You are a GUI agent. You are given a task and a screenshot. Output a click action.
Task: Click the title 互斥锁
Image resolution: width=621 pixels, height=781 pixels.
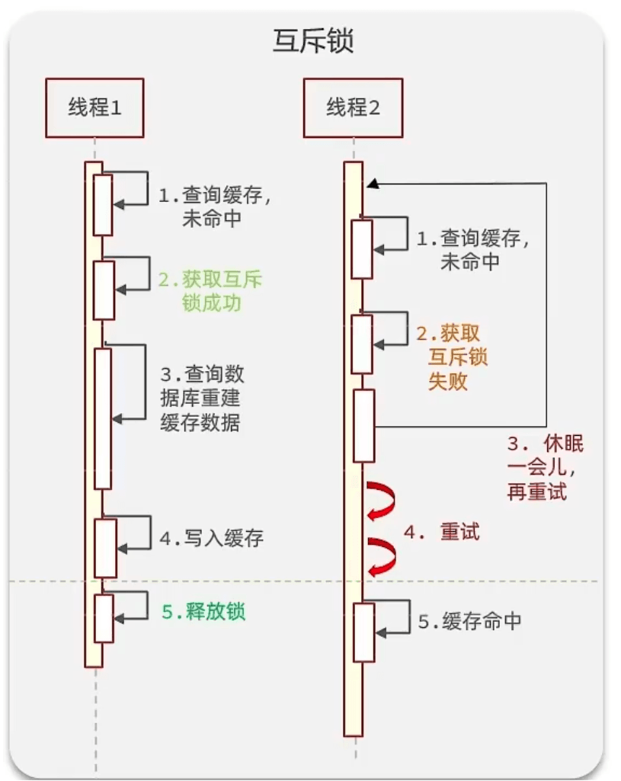[312, 41]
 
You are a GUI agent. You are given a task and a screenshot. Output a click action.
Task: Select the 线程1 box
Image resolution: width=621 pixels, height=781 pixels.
[94, 107]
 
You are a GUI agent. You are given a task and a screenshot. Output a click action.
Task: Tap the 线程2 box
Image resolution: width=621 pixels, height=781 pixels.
[353, 107]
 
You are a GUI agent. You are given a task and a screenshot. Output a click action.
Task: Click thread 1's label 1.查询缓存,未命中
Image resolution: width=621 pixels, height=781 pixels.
[215, 207]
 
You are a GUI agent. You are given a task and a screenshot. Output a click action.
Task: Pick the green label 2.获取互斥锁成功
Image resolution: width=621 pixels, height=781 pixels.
[210, 291]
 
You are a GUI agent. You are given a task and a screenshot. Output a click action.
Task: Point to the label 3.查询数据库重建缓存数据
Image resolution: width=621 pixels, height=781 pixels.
[202, 399]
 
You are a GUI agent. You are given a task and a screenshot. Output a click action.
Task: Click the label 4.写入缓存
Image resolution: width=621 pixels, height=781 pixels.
[212, 539]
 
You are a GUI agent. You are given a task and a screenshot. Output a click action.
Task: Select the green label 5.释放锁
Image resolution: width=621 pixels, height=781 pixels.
[204, 611]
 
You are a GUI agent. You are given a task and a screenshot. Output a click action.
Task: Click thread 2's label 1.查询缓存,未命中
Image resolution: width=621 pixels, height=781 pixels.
[472, 250]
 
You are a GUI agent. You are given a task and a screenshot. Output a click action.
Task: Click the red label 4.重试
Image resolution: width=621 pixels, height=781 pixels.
[442, 533]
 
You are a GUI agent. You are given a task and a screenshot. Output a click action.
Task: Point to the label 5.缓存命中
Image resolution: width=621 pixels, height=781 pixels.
[469, 621]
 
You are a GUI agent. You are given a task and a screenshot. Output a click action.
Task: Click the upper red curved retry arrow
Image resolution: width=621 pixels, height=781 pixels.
[381, 499]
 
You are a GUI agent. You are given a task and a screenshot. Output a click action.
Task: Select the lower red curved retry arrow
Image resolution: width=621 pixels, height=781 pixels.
[381, 555]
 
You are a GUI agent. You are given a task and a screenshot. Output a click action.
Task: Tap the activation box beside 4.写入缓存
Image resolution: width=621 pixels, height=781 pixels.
[105, 548]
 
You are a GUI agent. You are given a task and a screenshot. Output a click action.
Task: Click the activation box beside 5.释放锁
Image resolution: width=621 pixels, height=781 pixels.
[104, 618]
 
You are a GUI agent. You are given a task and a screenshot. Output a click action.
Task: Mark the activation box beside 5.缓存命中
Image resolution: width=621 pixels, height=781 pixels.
[363, 632]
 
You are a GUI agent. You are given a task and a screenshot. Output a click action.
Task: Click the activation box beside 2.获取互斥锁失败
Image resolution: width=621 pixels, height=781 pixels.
[362, 344]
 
